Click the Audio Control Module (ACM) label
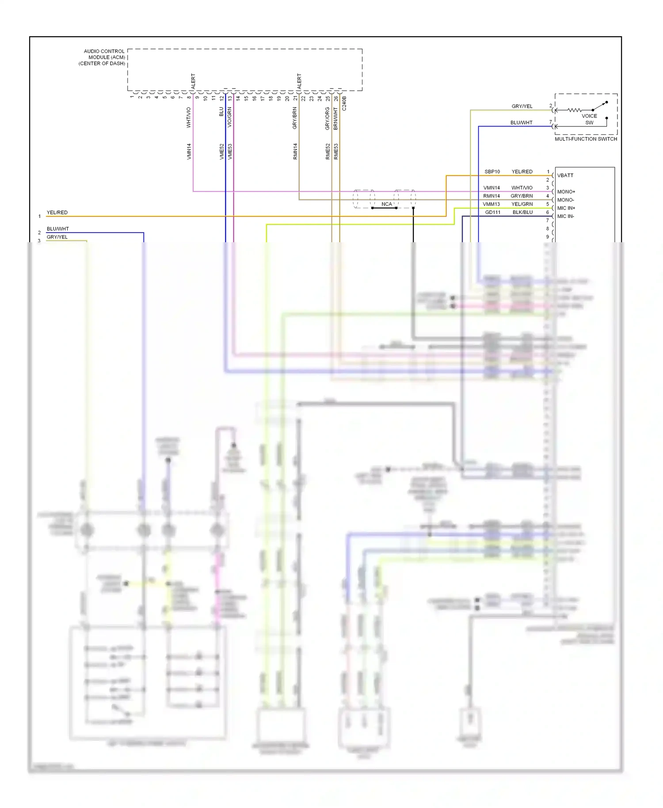103,57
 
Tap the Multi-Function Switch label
586,139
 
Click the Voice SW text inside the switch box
589,119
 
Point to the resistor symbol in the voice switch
574,110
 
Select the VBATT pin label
565,175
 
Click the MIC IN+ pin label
566,208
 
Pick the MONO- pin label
565,200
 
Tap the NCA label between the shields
386,204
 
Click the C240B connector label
344,103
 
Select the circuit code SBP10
492,172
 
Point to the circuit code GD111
492,213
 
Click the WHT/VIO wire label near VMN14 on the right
522,188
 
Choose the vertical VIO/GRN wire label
229,118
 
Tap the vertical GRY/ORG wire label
328,118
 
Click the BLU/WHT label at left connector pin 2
58,229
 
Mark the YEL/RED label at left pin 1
57,213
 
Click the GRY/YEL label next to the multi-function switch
522,107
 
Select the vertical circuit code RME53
336,151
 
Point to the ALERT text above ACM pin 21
299,81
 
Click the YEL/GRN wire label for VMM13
522,204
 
